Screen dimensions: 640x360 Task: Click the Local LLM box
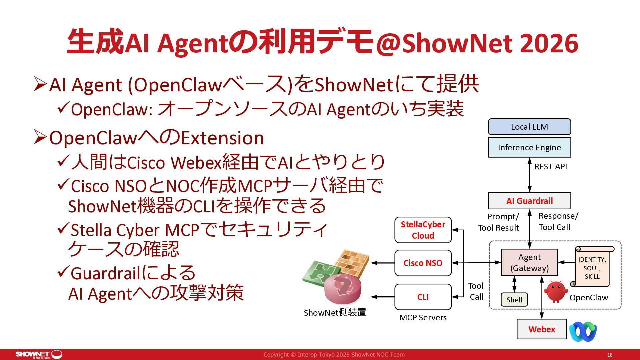tap(529, 127)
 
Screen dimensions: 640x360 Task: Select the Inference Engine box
tap(529, 147)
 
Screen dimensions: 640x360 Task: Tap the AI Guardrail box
tap(529, 201)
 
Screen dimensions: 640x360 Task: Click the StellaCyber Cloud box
tap(423, 230)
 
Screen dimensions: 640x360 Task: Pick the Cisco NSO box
tap(423, 263)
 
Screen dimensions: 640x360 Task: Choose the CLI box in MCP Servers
tap(423, 297)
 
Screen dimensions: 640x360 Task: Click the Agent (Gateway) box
tap(529, 262)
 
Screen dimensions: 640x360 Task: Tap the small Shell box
tap(514, 300)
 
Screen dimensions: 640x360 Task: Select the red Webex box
tap(542, 329)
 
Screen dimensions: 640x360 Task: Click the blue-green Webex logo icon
tap(583, 331)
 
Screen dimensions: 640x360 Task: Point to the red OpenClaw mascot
tap(556, 291)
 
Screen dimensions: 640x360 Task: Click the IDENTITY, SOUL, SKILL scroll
tap(592, 267)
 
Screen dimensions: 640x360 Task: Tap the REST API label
tap(550, 167)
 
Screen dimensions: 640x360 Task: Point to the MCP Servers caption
tap(423, 318)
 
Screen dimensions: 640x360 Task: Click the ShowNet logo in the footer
tap(39, 354)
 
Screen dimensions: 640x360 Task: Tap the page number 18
tap(610, 355)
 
